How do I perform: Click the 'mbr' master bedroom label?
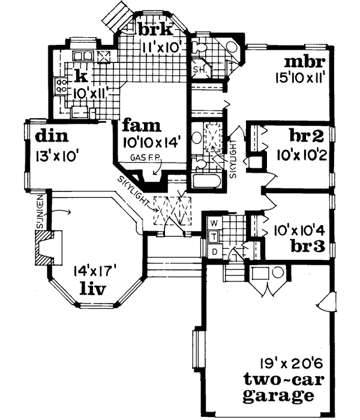(304, 62)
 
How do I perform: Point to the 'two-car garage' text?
(278, 388)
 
